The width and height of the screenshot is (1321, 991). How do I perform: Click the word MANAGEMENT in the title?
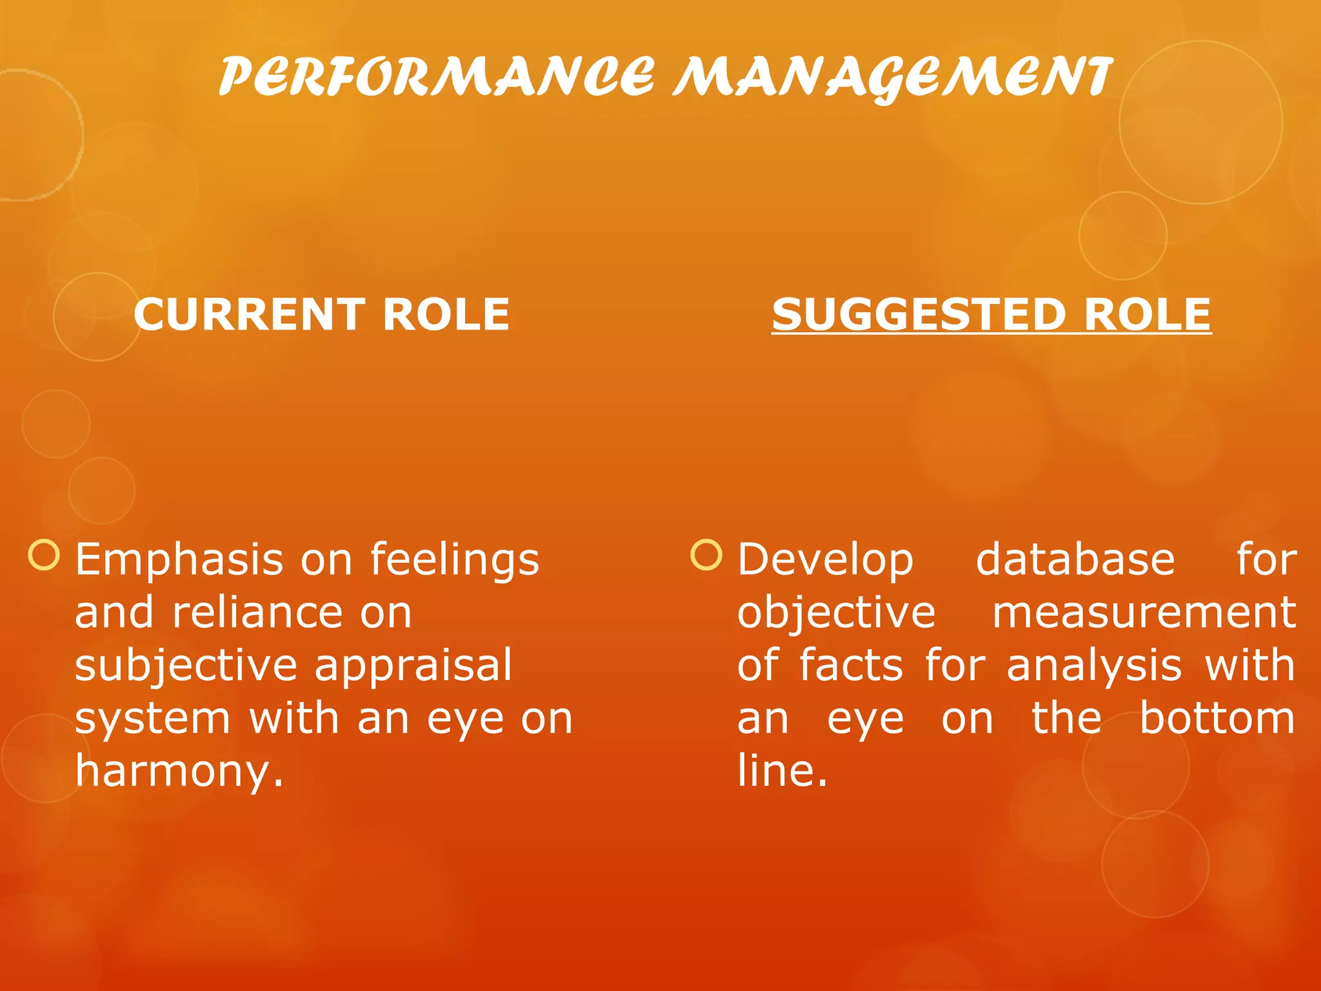click(893, 77)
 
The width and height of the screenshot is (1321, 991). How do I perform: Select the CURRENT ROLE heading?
click(321, 315)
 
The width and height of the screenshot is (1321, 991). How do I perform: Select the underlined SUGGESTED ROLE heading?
click(991, 315)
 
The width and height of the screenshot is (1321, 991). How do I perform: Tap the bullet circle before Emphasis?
click(45, 556)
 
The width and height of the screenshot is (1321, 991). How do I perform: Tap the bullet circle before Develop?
click(706, 556)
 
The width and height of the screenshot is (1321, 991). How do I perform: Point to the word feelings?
click(455, 560)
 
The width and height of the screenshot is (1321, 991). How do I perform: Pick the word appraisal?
click(413, 666)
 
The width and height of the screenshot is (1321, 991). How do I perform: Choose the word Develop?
click(825, 560)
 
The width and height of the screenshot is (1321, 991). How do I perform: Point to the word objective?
click(836, 613)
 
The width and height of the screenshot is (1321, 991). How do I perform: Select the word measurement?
click(1144, 613)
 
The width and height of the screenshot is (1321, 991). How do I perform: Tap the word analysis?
click(1094, 666)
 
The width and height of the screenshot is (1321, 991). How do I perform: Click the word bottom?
click(1217, 719)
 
